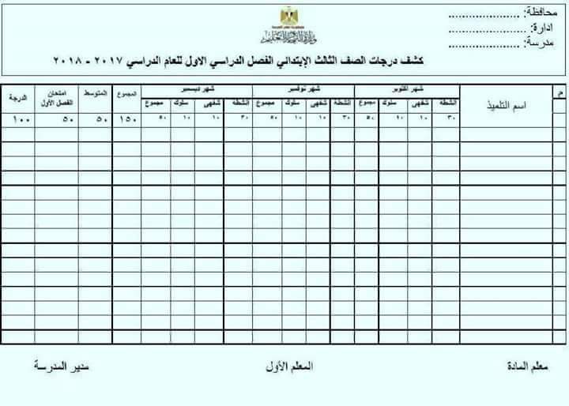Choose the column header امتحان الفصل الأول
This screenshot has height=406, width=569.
coord(55,99)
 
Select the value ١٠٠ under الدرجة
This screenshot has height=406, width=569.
coord(17,119)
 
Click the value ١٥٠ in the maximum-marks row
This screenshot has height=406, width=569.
coord(126,119)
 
